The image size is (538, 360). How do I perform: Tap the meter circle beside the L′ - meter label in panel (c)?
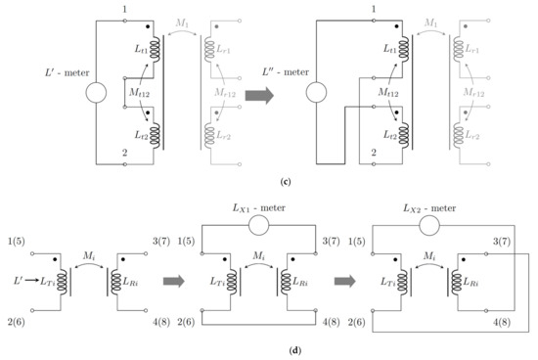[94, 96]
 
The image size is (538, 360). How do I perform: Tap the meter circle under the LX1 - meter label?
[263, 224]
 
